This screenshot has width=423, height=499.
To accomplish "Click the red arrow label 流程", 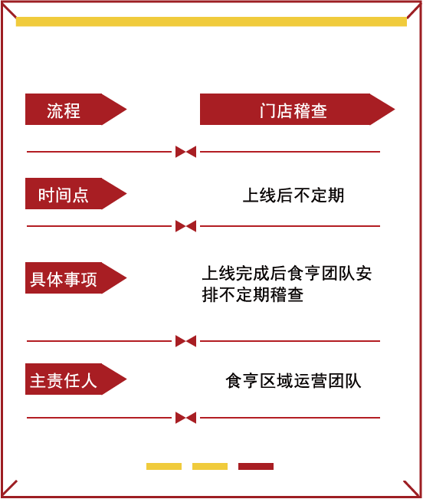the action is pos(76,109).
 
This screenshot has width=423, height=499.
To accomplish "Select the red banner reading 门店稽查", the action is pos(297,109).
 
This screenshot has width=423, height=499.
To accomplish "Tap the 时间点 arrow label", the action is pos(76,193).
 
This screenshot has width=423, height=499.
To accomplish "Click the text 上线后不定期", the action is pos(293,195).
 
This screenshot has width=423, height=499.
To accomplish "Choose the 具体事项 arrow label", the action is pos(76,277).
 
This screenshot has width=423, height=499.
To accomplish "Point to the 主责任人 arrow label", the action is pos(76,379).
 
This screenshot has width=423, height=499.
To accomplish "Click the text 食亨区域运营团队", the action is pos(293,381).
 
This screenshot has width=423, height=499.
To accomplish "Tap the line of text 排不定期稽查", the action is pos(253,294).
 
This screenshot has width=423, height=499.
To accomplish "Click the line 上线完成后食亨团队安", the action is pos(287,274).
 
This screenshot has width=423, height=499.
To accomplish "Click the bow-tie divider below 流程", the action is pos(185,152).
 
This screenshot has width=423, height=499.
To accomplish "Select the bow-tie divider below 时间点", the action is pos(185,226).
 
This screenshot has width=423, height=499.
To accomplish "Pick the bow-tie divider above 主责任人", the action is pos(185,341).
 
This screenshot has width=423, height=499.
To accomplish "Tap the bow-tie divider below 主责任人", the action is pos(185,418).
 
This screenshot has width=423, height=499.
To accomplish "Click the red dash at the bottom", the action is pos(256,466).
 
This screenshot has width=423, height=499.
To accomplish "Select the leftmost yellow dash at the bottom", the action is pos(164,466).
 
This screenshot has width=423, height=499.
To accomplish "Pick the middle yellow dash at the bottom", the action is pos(210,466).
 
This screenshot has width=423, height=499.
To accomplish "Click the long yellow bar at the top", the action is pos(211,21).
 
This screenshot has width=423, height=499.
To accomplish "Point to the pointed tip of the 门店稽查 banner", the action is pos(395,109).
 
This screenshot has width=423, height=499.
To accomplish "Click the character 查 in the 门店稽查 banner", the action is pos(319,110).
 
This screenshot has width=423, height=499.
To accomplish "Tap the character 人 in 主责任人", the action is pos(89,381).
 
